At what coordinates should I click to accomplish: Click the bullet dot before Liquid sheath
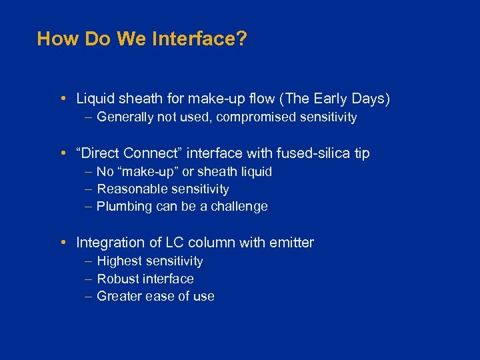pyautogui.click(x=61, y=99)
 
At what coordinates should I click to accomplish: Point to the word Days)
pyautogui.click(x=371, y=99)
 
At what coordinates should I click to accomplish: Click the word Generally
pyautogui.click(x=127, y=117)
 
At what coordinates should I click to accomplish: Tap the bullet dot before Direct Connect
pyautogui.click(x=61, y=153)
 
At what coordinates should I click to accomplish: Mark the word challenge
pyautogui.click(x=239, y=207)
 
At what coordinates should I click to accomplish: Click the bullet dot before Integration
pyautogui.click(x=61, y=243)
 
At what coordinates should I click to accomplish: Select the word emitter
pyautogui.click(x=291, y=243)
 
